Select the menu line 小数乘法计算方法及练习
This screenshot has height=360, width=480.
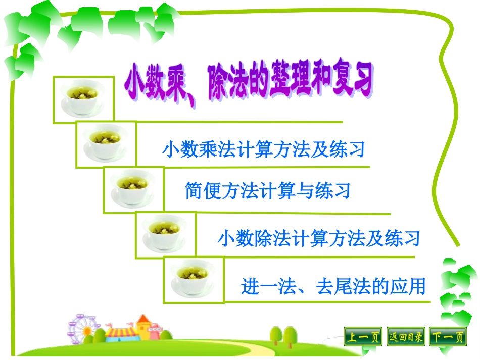[x=263, y=150]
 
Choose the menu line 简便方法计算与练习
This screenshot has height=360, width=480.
[x=268, y=191]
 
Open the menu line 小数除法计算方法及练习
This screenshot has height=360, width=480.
[x=319, y=238]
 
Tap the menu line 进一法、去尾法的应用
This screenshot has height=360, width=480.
[x=333, y=286]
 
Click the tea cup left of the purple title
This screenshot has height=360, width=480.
[x=83, y=99]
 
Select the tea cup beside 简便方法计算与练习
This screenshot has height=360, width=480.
[x=133, y=189]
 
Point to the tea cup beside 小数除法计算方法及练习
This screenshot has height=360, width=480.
[x=165, y=234]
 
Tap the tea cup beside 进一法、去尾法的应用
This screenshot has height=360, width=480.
[x=193, y=279]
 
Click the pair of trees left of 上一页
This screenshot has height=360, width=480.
[x=283, y=337]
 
